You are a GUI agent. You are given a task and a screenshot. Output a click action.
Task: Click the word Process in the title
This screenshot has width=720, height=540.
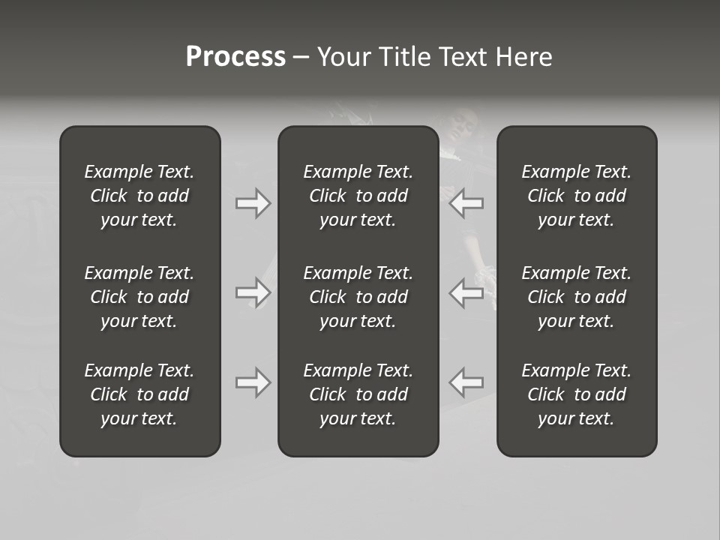pyautogui.click(x=235, y=57)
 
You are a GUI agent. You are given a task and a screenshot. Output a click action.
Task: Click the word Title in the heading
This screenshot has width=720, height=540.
pyautogui.click(x=406, y=57)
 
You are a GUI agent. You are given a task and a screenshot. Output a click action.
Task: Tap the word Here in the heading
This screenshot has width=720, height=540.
pyautogui.click(x=523, y=57)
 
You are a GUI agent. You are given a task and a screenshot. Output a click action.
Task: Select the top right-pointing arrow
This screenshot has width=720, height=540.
pyautogui.click(x=253, y=203)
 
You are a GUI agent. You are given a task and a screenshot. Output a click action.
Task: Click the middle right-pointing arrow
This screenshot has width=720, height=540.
pyautogui.click(x=253, y=292)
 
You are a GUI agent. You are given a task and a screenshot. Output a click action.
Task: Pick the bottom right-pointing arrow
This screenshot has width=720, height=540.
pyautogui.click(x=253, y=382)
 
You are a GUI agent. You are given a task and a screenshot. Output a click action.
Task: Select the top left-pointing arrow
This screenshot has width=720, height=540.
pyautogui.click(x=466, y=203)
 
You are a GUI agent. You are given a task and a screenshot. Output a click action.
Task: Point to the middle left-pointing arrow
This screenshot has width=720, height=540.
pyautogui.click(x=466, y=292)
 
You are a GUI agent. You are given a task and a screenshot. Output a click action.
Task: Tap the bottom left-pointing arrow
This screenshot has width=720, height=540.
pyautogui.click(x=466, y=382)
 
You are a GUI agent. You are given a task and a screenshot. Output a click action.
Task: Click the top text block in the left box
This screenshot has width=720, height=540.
pyautogui.click(x=139, y=196)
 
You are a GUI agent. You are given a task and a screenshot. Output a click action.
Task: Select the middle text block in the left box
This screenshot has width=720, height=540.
pyautogui.click(x=139, y=297)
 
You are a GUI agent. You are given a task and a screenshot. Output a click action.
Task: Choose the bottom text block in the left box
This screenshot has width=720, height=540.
pyautogui.click(x=139, y=394)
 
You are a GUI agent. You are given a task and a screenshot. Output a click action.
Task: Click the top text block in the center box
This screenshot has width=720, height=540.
pyautogui.click(x=358, y=196)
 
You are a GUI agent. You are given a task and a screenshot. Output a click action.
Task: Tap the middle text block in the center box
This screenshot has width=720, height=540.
pyautogui.click(x=358, y=297)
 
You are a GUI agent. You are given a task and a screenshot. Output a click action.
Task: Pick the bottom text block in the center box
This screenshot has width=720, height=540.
pyautogui.click(x=358, y=394)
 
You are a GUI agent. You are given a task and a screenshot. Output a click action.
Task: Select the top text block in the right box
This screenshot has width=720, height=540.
pyautogui.click(x=576, y=196)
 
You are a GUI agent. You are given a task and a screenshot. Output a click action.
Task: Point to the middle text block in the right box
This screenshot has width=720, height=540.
pyautogui.click(x=576, y=297)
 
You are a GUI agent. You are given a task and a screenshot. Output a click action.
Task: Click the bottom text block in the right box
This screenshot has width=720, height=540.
pyautogui.click(x=576, y=394)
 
